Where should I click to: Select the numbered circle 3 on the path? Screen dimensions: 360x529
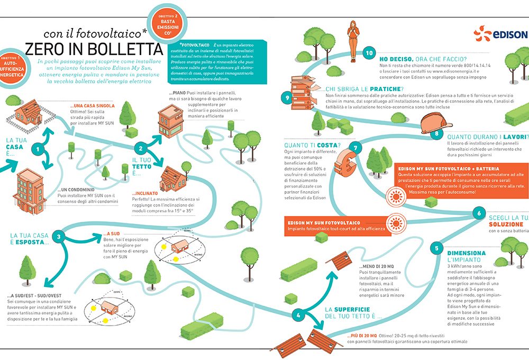pyautogui.click(x=60, y=237)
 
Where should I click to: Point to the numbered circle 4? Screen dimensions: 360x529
pyautogui.click(x=298, y=315)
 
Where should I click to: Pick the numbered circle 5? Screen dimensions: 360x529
pyautogui.click(x=436, y=248)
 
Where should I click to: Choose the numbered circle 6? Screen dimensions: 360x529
pyautogui.click(x=479, y=214)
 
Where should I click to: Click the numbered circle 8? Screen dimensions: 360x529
pyautogui.click(x=436, y=133)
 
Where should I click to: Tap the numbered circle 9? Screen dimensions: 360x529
pyautogui.click(x=287, y=97)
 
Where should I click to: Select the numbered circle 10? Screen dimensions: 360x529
pyautogui.click(x=369, y=53)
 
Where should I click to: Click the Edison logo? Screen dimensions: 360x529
pyautogui.click(x=500, y=35)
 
